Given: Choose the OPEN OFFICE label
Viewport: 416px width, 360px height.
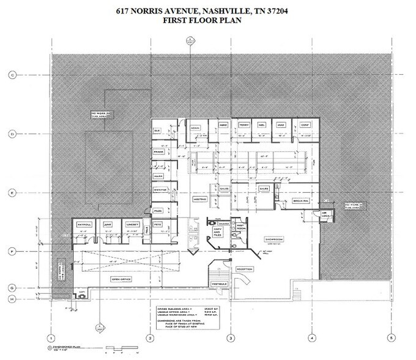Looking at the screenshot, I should (x=122, y=279).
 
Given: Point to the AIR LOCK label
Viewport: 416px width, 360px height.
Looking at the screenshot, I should (x=325, y=213).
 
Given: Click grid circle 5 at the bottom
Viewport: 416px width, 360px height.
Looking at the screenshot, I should (x=388, y=337).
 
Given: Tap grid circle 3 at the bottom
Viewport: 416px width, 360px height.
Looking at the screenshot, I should (x=231, y=337).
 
